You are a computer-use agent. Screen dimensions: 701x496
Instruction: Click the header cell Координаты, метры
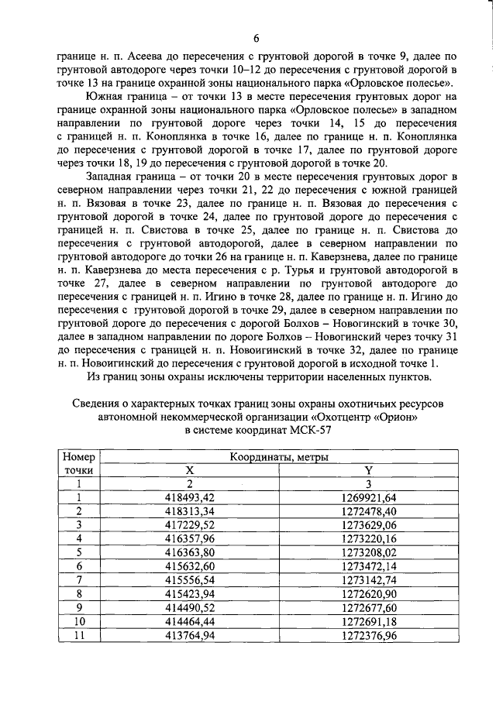(x=279, y=457)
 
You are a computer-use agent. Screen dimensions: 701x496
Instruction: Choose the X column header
(x=190, y=470)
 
